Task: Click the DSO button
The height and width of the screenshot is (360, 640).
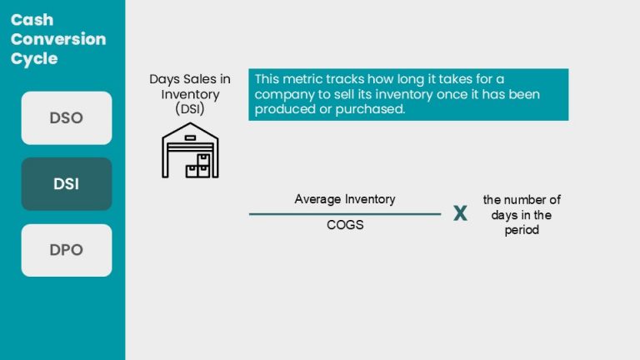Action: [x=66, y=117]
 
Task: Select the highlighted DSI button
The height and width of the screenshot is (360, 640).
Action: [x=66, y=184]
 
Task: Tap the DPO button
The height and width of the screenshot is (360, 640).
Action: [x=66, y=250]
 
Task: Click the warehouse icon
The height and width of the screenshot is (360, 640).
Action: [x=189, y=151]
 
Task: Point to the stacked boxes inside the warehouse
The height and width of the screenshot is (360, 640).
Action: [x=198, y=165]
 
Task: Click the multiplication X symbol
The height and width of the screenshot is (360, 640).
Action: [x=460, y=214]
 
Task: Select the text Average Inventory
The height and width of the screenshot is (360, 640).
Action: [x=345, y=199]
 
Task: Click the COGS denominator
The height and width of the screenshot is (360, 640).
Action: [x=345, y=225]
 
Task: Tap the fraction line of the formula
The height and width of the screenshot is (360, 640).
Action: [x=345, y=214]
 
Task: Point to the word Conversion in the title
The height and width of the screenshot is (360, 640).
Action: [x=58, y=39]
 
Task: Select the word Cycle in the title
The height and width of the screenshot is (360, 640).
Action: [x=34, y=59]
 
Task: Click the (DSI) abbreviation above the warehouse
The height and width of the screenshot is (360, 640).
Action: [x=189, y=109]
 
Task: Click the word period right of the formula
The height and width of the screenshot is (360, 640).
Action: [x=522, y=230]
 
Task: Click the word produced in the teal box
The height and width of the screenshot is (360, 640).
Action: [x=282, y=109]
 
